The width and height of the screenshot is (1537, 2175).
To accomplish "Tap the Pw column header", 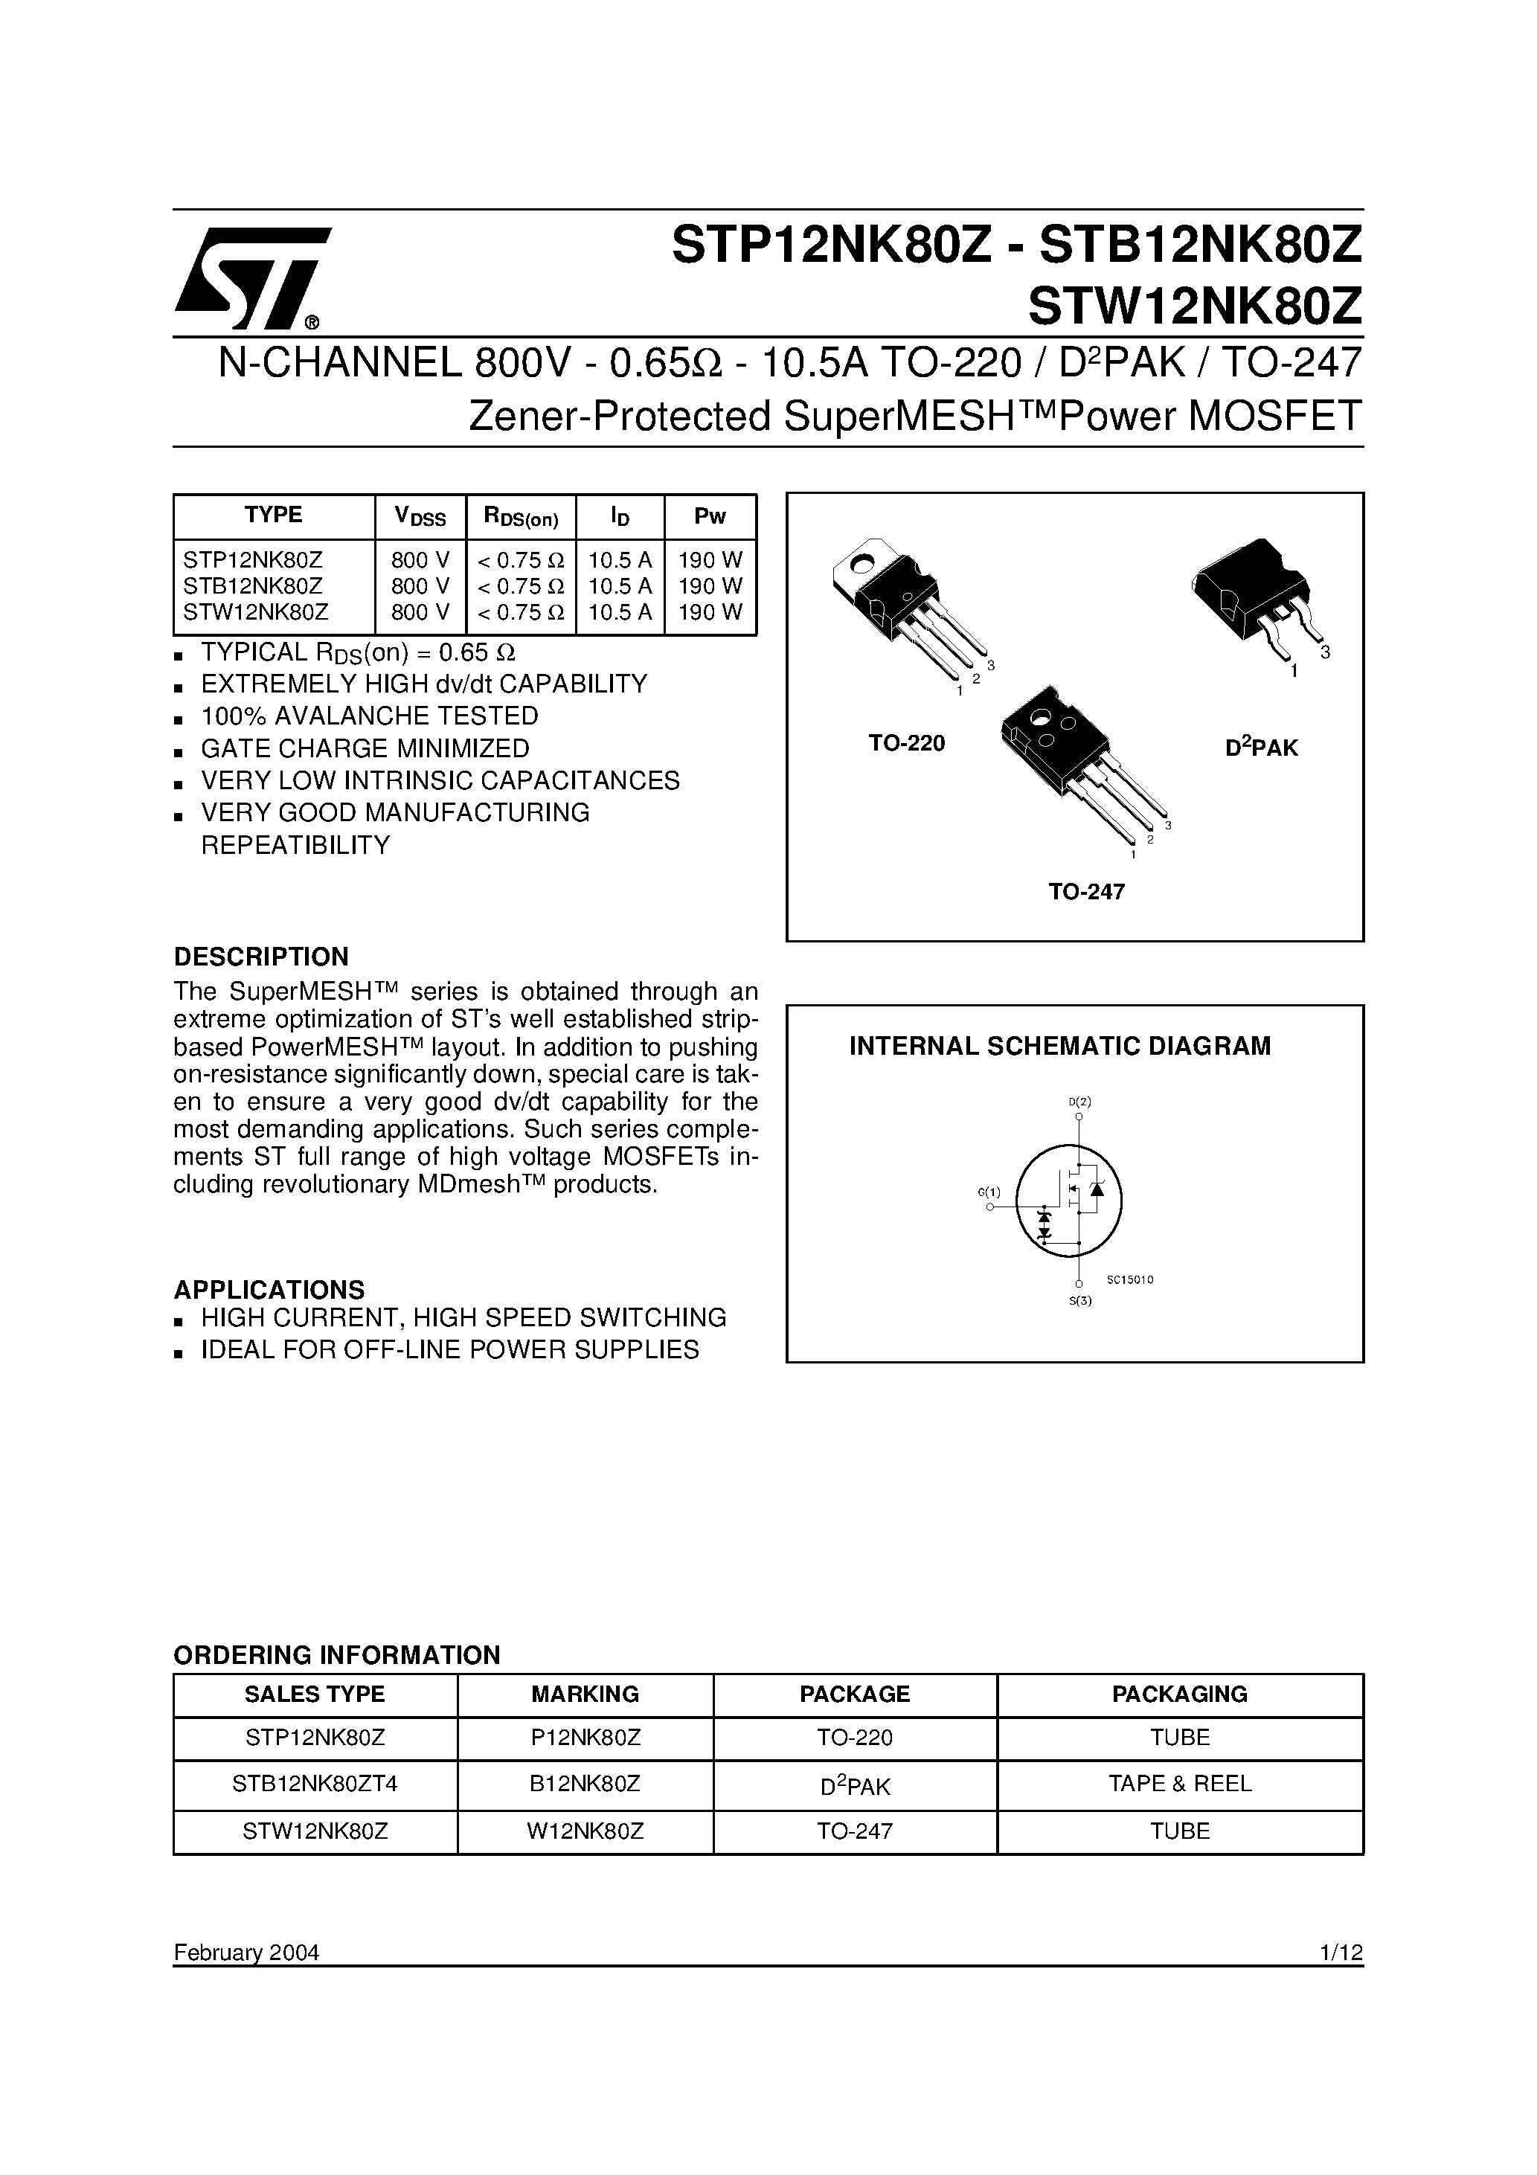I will tap(710, 516).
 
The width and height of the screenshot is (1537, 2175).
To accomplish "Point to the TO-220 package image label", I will tap(907, 744).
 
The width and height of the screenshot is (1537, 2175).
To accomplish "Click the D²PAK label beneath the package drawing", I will tap(1260, 748).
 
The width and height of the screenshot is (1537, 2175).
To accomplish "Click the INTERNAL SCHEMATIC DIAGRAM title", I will tap(1059, 1046).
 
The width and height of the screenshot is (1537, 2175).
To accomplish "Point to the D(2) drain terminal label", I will tap(1079, 1102).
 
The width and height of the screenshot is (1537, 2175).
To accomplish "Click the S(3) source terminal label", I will tap(1080, 1301).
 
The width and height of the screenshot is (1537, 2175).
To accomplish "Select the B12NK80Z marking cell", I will tap(585, 1784).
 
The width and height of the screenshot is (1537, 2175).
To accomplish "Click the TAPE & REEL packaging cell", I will tap(1180, 1784).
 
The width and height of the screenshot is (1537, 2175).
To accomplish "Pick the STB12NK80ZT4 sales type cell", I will tap(315, 1784).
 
